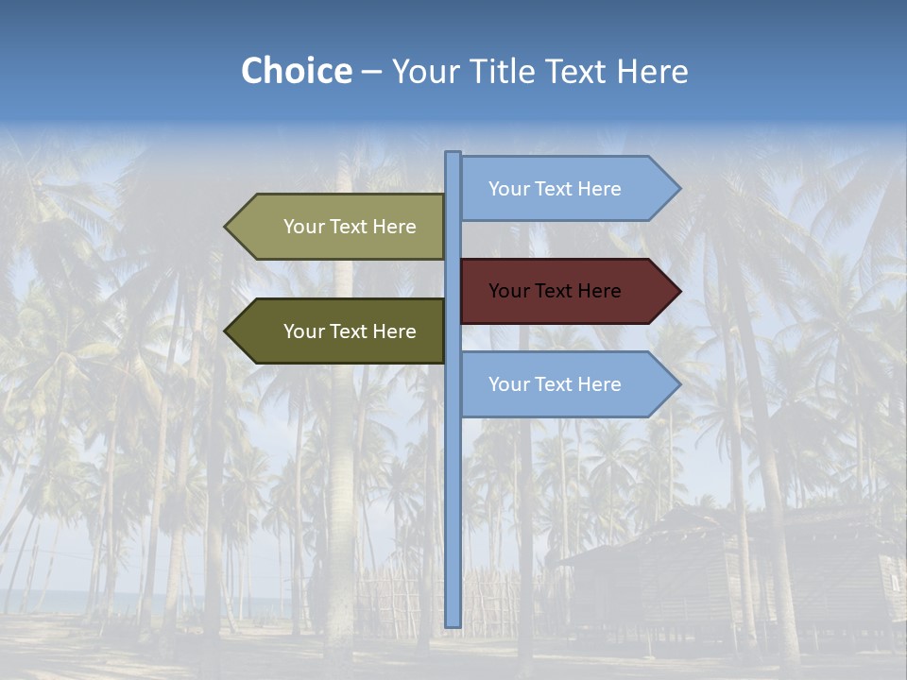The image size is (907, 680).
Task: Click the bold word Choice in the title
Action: [x=296, y=72]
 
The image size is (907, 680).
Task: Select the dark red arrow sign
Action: [x=567, y=291]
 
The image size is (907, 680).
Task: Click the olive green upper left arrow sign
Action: [x=340, y=227]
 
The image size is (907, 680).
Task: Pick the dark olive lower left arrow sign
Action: [x=340, y=331]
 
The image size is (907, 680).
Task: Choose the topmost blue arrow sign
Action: [x=567, y=189]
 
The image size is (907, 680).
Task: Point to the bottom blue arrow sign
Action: [x=567, y=384]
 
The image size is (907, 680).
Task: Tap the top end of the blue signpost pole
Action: [x=453, y=155]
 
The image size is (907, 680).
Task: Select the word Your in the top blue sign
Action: [x=508, y=189]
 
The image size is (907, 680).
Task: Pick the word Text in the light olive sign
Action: [x=349, y=227]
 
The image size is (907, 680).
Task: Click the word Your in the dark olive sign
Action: [x=303, y=331]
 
